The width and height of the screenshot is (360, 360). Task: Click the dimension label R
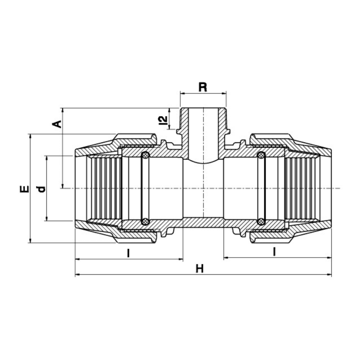(203, 87)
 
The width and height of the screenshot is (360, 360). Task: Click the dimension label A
(57, 124)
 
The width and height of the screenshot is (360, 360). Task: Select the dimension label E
(25, 189)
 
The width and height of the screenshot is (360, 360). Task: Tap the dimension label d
(41, 189)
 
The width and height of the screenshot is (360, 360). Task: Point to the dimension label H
(200, 268)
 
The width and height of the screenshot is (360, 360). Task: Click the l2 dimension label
(163, 120)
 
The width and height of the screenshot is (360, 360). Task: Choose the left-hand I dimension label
(129, 253)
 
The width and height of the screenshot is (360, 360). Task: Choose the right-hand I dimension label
(274, 252)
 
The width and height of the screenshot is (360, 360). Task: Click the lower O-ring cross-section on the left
(145, 221)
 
